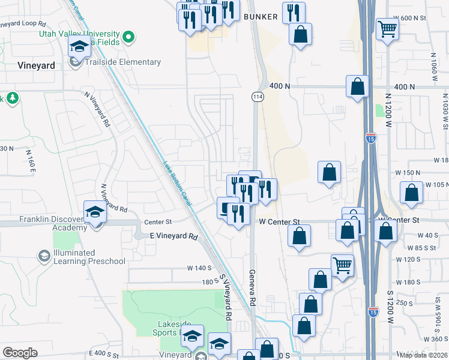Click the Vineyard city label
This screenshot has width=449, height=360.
pyautogui.click(x=37, y=66)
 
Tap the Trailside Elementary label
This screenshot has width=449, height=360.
pyautogui.click(x=122, y=62)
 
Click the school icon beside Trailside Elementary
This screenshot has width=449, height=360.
pyautogui.click(x=77, y=62)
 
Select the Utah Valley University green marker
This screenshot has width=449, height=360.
pyautogui.click(x=128, y=38)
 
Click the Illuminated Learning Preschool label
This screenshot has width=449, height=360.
pyautogui.click(x=89, y=257)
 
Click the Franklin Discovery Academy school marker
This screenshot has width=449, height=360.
pyautogui.click(x=95, y=211)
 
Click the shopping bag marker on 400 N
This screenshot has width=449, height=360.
pyautogui.click(x=358, y=86)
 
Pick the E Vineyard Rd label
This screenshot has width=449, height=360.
pyautogui.click(x=173, y=236)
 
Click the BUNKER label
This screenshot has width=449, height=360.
pyautogui.click(x=261, y=17)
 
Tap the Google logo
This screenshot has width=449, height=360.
pyautogui.click(x=20, y=353)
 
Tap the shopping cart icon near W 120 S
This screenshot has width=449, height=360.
pyautogui.click(x=342, y=265)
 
